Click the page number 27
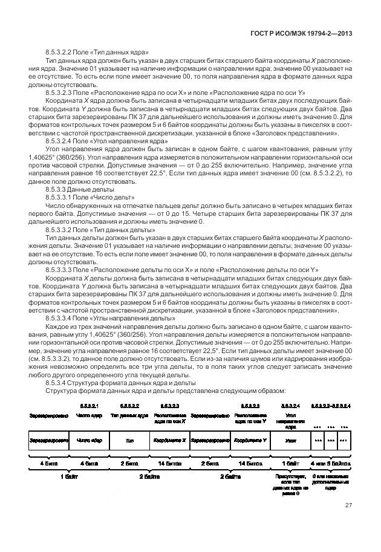(348, 505)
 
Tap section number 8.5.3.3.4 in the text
(64, 317)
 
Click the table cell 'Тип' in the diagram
(129, 441)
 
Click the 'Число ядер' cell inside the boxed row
(89, 441)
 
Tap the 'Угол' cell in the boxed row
(290, 441)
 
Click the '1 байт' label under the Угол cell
(290, 463)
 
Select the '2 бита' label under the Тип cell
(129, 463)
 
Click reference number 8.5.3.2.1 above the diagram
(89, 405)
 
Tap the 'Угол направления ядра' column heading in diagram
(290, 419)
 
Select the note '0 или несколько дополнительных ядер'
(330, 481)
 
